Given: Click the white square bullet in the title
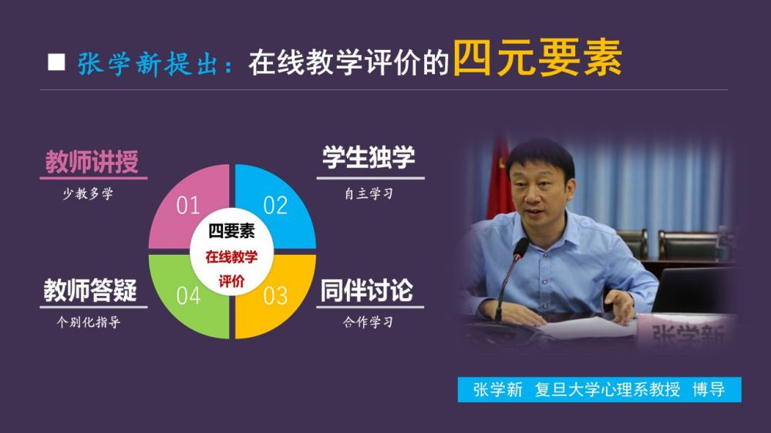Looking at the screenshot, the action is pos(56,62).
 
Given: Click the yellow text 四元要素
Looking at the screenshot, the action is pos(537,58).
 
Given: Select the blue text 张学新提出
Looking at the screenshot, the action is pos(147,64).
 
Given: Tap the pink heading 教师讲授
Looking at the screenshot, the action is pos(92,162).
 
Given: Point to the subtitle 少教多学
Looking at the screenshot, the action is pos(88,193).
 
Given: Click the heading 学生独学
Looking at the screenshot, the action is pos(369,157).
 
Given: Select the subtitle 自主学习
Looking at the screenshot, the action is pos(369,193).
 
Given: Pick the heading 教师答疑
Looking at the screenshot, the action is pos(90,290).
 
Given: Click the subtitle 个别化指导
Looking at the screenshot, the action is pos(89,322).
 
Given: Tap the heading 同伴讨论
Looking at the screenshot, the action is pos(367,290).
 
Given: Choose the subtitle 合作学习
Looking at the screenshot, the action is pos(369,322).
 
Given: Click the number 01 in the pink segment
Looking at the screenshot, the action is pos(188,206).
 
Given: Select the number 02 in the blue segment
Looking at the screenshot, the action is pos(275,206).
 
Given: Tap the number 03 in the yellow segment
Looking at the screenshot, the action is pos(275,296).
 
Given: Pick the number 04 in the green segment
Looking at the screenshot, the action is pos(188,296).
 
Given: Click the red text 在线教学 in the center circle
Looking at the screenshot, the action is pos(231,257).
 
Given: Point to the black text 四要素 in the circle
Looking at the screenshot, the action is pos(231,230).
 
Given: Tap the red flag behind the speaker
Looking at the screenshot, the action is pos(500,180).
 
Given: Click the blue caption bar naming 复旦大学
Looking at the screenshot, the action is pos(599,390).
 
